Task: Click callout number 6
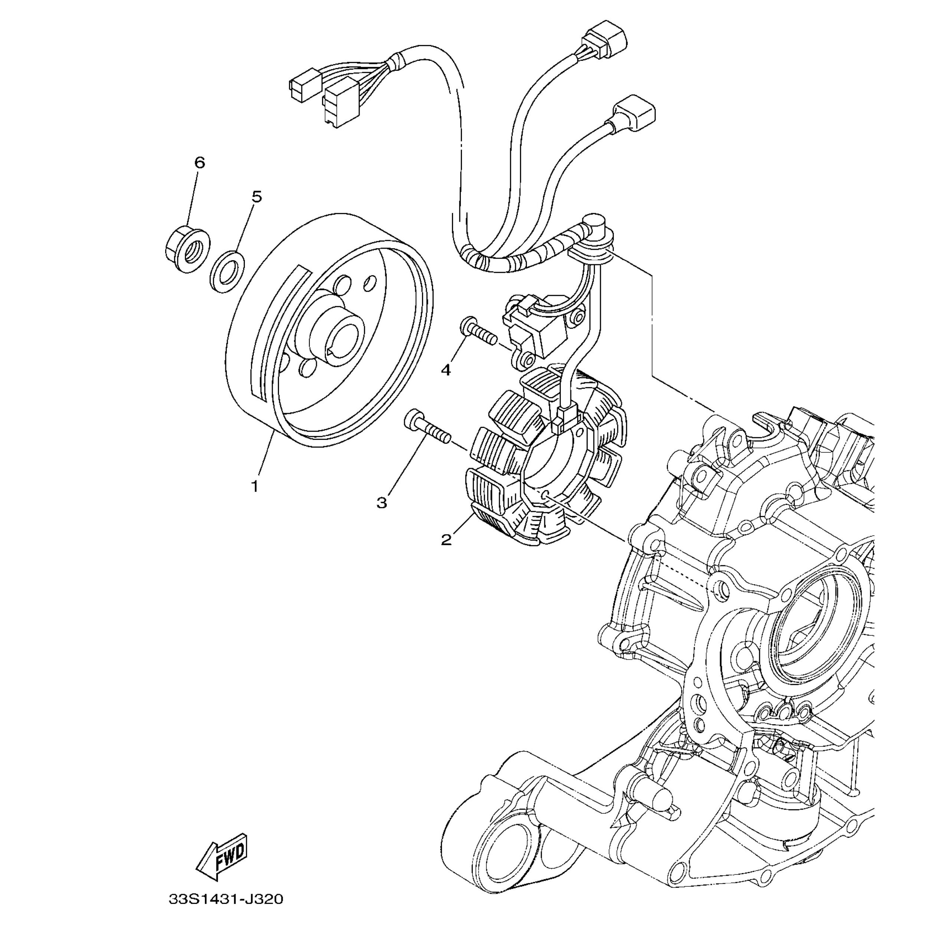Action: click(x=200, y=163)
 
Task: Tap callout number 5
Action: click(x=256, y=197)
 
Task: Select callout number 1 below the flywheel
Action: click(x=255, y=486)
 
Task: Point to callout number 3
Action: click(x=382, y=503)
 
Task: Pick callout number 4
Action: click(x=445, y=370)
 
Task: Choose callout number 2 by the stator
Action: click(x=446, y=539)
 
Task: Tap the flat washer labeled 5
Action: click(x=227, y=271)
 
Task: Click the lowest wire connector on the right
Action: click(x=634, y=113)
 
